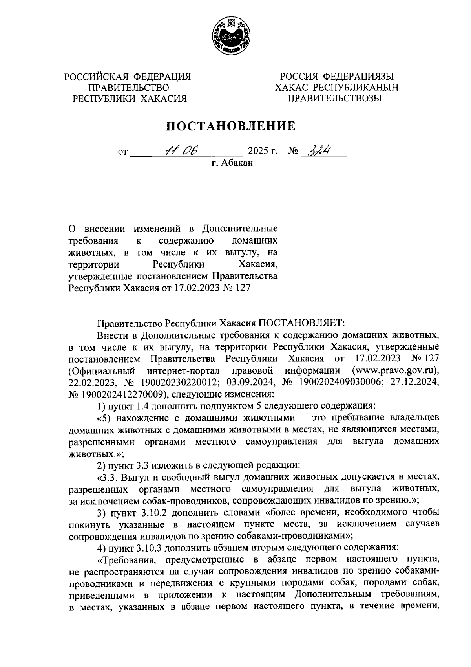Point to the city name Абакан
pos(237,163)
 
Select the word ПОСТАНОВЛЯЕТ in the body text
pos(300,323)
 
